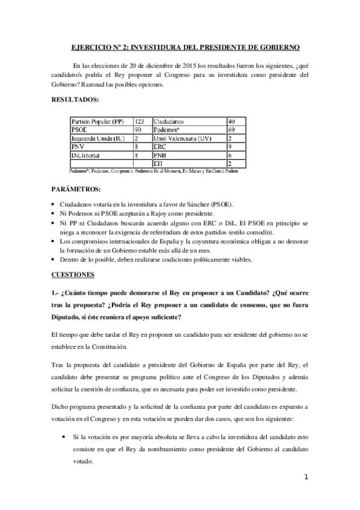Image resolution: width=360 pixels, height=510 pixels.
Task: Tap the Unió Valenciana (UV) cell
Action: point(178,138)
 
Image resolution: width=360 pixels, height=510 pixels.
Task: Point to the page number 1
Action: point(306,477)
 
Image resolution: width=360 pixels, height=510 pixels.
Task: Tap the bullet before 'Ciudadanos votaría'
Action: point(55,205)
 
